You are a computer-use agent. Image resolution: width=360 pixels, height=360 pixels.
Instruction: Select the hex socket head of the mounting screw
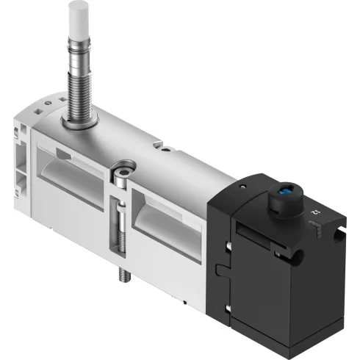pyautogui.click(x=121, y=177)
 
